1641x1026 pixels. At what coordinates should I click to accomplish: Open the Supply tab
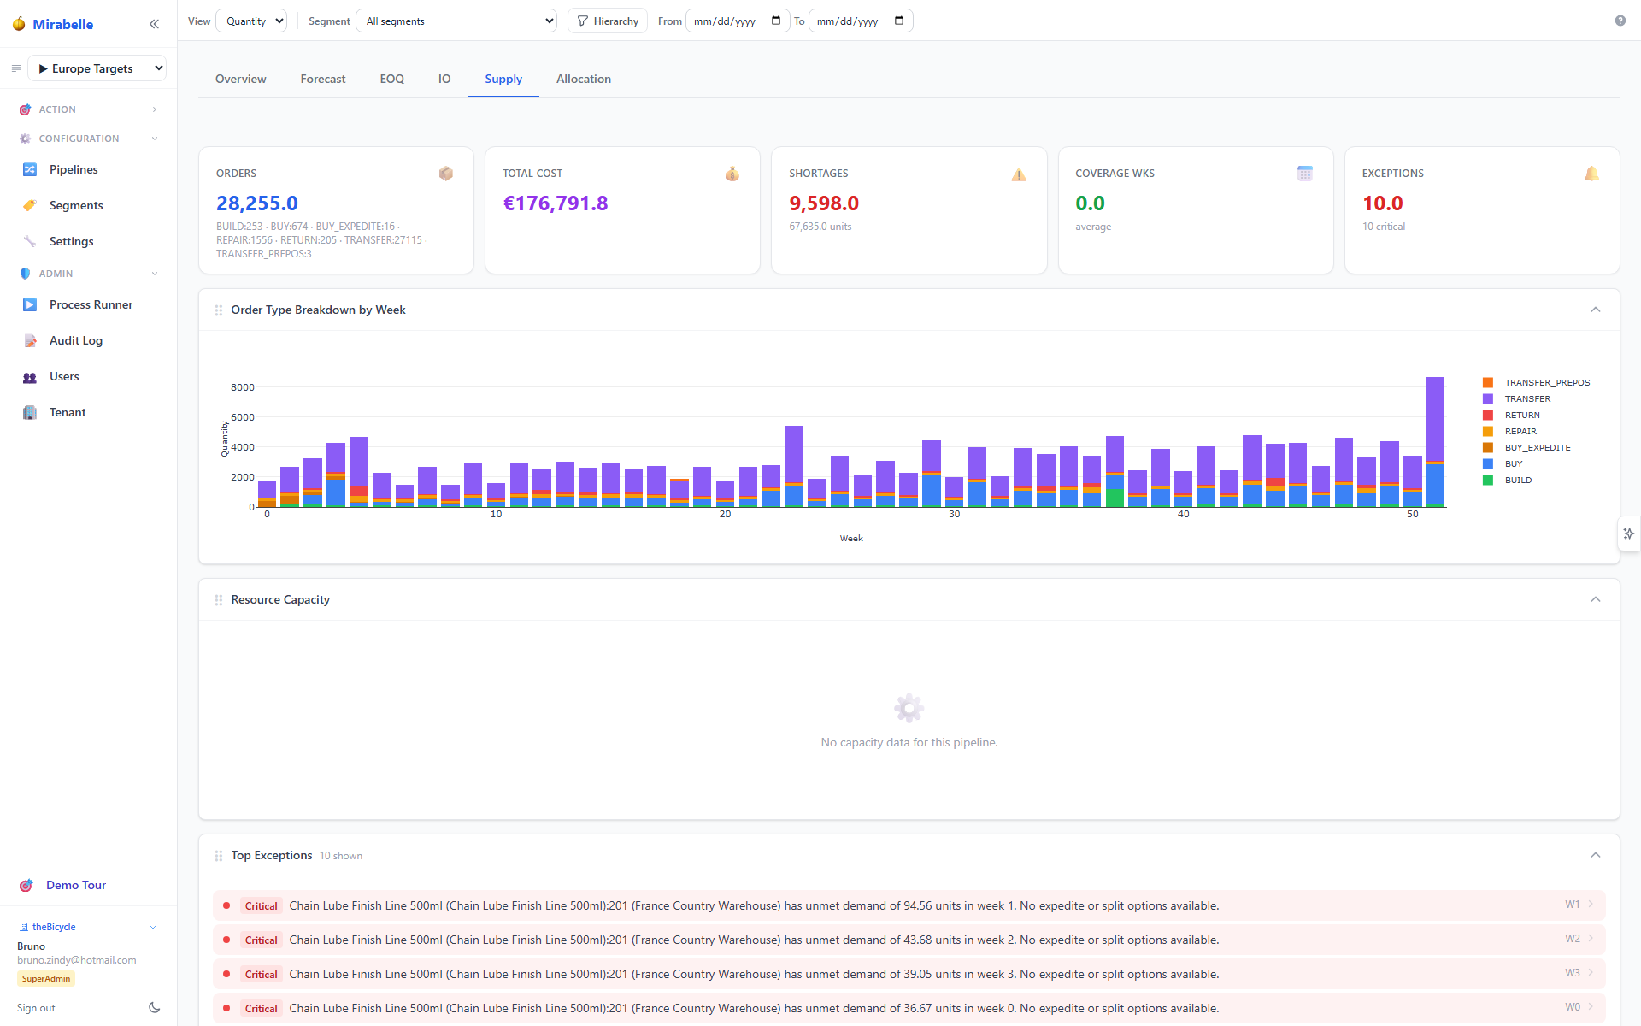503,79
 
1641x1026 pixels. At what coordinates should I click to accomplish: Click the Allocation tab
584,79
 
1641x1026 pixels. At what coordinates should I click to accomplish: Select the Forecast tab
323,79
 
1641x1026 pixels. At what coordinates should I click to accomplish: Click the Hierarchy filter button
608,21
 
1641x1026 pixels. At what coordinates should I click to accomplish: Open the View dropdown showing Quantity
251,21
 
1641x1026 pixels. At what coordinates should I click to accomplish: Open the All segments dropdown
456,21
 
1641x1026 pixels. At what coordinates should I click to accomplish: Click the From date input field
737,21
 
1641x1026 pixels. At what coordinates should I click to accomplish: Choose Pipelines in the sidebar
74,169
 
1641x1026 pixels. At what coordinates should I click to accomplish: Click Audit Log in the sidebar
76,340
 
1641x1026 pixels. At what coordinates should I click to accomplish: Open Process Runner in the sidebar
91,304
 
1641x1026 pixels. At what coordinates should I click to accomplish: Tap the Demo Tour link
76,885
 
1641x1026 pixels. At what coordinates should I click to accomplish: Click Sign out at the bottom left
36,1008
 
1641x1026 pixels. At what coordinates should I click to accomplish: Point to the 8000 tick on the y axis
243,387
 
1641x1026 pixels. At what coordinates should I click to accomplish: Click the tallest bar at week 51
1435,442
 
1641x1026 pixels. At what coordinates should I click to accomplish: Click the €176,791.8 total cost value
556,203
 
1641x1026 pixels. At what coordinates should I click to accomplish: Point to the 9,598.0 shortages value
824,203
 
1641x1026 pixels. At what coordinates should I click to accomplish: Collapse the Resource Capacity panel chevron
1595,599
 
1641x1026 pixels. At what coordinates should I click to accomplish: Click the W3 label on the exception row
1573,973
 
